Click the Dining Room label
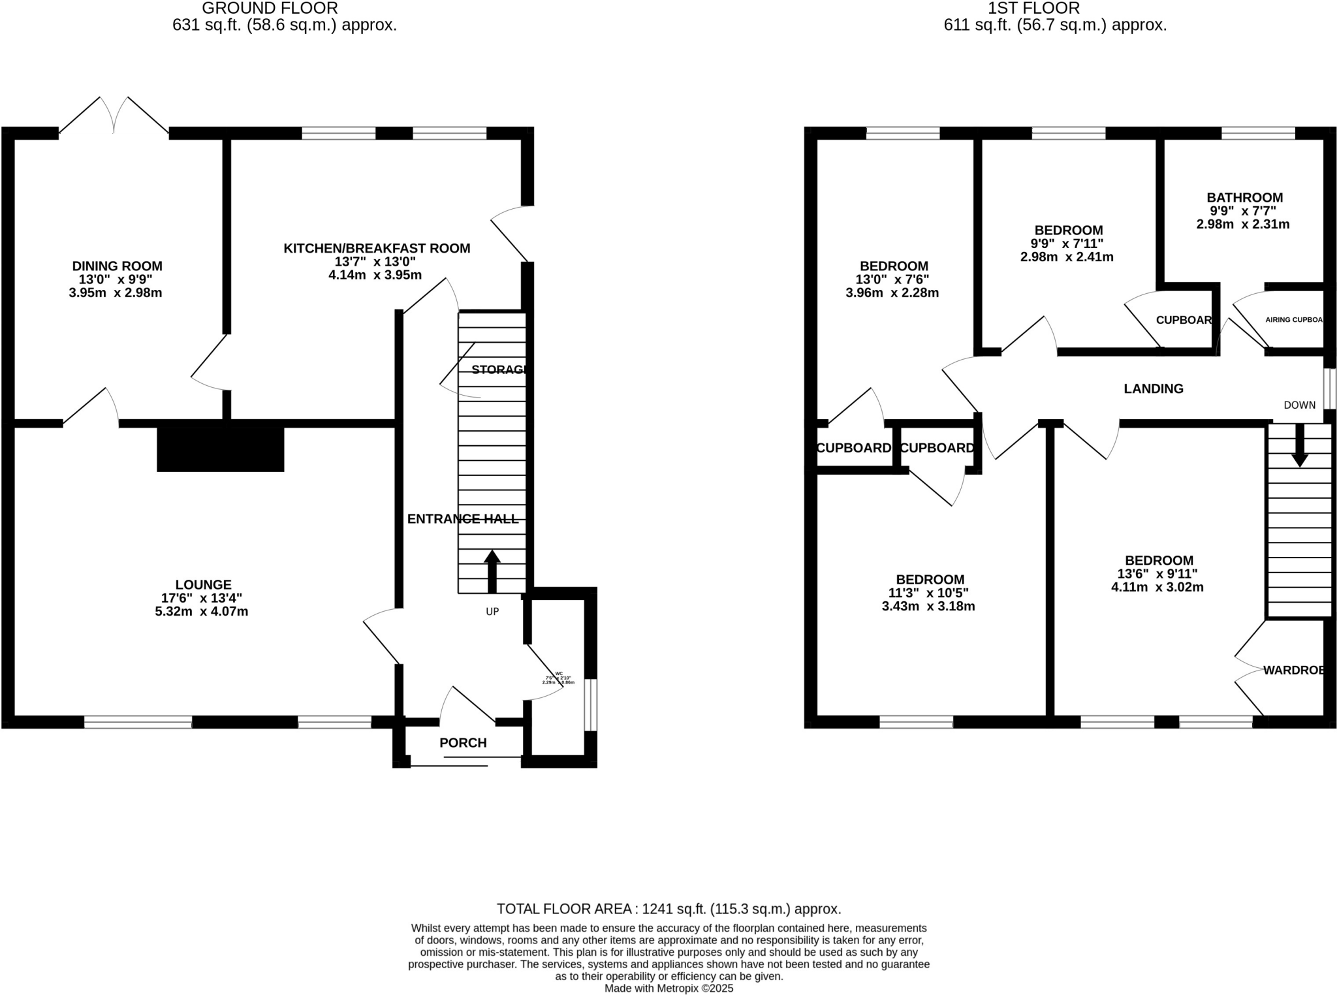pos(117,266)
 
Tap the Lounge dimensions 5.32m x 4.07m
pos(201,612)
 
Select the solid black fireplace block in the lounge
pos(221,449)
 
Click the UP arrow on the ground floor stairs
pos(492,570)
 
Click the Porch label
pos(463,742)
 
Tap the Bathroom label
pos(1244,197)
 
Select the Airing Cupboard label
pos(1293,320)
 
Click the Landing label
pos(1153,388)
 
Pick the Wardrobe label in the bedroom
pos(1293,670)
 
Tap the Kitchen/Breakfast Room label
pos(377,248)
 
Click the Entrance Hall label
pos(462,518)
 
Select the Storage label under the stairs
pos(498,370)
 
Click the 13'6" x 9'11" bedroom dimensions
pos(1157,574)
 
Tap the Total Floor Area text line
pos(668,909)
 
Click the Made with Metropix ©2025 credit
pos(668,988)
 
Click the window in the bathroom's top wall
pos(1257,133)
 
